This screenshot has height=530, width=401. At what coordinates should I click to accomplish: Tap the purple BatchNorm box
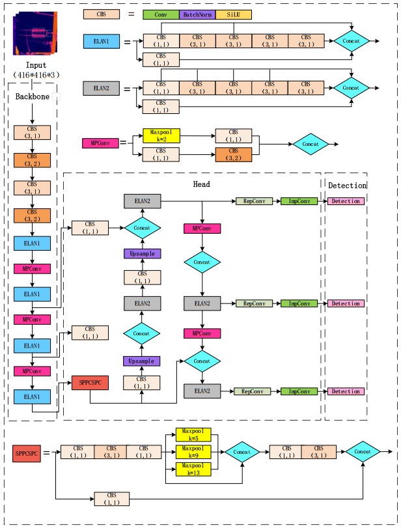point(197,14)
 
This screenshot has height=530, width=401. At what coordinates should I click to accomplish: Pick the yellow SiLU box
point(233,14)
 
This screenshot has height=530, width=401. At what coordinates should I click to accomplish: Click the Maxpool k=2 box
point(160,135)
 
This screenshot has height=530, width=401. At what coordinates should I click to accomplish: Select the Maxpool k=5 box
point(193,434)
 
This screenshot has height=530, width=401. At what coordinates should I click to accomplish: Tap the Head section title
point(202,184)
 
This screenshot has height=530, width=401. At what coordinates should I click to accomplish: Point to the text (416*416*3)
point(36,76)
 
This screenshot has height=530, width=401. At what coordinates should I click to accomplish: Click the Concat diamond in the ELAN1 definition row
point(351,41)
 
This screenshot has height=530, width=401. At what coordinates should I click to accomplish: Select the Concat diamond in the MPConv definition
point(311,143)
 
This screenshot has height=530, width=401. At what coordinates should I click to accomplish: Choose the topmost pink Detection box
point(346,201)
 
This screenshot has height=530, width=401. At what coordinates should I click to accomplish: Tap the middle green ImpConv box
point(299,303)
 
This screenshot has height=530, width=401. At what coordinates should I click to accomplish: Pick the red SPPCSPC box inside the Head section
point(90,383)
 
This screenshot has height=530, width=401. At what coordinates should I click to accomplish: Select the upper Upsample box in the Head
point(142,253)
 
